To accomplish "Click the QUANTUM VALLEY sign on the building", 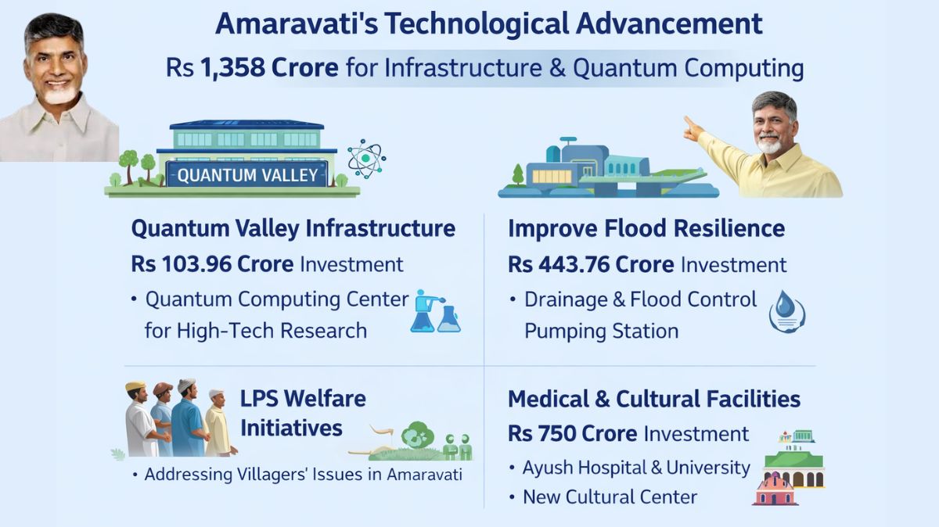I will pos(247,174).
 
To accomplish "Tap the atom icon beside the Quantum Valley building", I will pos(366,159).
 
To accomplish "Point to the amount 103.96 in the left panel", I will pos(196,263).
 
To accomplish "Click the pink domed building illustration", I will pos(775,490).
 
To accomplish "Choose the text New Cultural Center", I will pos(610,497).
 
